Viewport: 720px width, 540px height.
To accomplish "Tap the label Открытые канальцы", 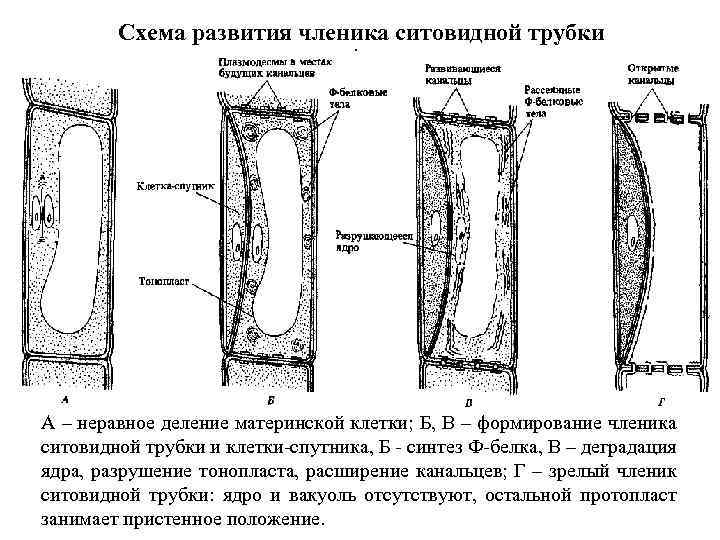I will tap(650, 73).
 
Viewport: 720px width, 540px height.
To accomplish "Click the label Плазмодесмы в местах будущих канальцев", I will tap(266, 67).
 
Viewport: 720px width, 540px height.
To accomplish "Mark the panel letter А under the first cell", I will tap(64, 393).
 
